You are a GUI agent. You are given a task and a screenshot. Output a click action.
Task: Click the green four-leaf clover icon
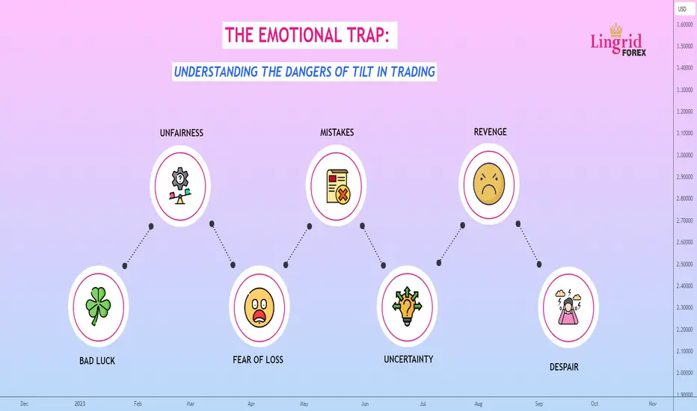click(x=98, y=306)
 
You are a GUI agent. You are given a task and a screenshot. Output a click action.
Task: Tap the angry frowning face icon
click(x=489, y=184)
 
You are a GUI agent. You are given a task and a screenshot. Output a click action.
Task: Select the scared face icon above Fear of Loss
click(x=260, y=307)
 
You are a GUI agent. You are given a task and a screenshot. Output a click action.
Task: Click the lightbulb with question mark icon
click(x=407, y=306)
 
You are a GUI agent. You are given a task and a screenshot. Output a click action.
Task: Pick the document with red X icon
click(x=338, y=186)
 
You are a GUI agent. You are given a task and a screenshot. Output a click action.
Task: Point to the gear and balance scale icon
click(x=180, y=186)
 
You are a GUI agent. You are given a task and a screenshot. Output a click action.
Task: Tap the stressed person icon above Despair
click(x=568, y=307)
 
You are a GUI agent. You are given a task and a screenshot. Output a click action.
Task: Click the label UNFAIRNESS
click(x=182, y=133)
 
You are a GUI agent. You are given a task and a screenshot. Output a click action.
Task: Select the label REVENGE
click(x=490, y=132)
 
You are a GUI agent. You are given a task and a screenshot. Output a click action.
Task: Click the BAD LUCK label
click(x=97, y=361)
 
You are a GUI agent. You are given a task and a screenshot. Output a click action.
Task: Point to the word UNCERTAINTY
click(x=408, y=359)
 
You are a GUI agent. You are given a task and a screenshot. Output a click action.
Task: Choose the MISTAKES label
click(x=337, y=132)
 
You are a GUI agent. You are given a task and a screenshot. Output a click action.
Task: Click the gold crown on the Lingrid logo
click(x=615, y=30)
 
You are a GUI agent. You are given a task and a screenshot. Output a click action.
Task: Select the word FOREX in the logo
click(x=634, y=53)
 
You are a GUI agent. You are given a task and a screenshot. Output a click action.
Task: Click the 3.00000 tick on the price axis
click(x=684, y=155)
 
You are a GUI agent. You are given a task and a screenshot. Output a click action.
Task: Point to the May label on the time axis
click(x=304, y=404)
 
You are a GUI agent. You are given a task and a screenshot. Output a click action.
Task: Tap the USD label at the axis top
click(x=682, y=9)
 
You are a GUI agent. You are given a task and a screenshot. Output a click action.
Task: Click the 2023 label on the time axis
click(x=79, y=404)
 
